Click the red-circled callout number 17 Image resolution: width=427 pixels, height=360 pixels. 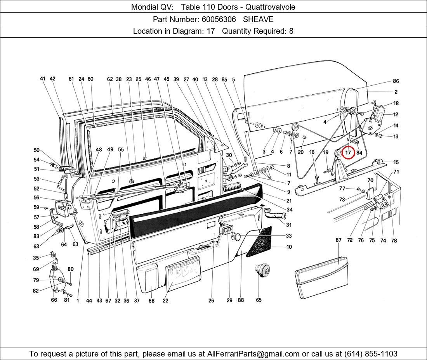click(348, 153)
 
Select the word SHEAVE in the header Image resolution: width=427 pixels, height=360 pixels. click(258, 19)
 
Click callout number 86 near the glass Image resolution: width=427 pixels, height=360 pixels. click(396, 81)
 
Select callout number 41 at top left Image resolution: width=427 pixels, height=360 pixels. click(43, 79)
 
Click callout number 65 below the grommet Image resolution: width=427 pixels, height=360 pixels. click(259, 300)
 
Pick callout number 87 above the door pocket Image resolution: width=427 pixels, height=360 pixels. click(338, 240)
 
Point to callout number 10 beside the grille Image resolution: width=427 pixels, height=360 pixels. click(289, 247)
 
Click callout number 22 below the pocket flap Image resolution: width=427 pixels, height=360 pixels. click(165, 301)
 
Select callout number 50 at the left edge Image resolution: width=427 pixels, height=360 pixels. click(36, 151)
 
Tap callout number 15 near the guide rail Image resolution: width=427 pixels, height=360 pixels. click(396, 163)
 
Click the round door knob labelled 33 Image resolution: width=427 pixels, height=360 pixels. click(236, 236)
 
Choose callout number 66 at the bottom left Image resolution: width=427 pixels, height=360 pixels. click(54, 300)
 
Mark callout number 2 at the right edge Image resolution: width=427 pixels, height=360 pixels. click(396, 92)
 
